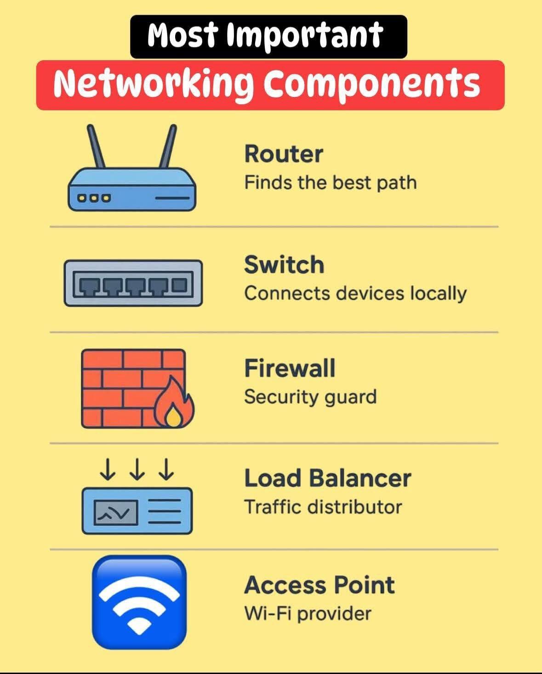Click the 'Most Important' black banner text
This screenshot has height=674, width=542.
pyautogui.click(x=265, y=36)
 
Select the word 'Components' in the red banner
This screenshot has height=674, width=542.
pyautogui.click(x=371, y=84)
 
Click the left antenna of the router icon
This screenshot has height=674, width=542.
pyautogui.click(x=97, y=146)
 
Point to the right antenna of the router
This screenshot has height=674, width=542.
pyautogui.click(x=167, y=146)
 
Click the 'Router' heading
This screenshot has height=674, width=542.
pyautogui.click(x=283, y=154)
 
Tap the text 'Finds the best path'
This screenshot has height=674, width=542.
pyautogui.click(x=330, y=183)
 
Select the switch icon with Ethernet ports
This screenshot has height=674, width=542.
pyautogui.click(x=133, y=283)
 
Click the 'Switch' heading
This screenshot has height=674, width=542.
pyautogui.click(x=284, y=265)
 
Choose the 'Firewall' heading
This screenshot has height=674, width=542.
pyautogui.click(x=289, y=368)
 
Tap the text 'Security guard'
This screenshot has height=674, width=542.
pyautogui.click(x=310, y=397)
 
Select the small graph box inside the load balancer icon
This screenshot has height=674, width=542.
pyautogui.click(x=116, y=512)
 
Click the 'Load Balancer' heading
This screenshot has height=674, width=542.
pyautogui.click(x=327, y=478)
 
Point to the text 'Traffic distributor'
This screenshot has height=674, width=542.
pyautogui.click(x=323, y=507)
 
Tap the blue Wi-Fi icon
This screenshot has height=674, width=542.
pyautogui.click(x=139, y=602)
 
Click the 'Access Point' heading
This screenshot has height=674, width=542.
pyautogui.click(x=319, y=585)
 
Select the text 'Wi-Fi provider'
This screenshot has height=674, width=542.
pyautogui.click(x=307, y=613)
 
